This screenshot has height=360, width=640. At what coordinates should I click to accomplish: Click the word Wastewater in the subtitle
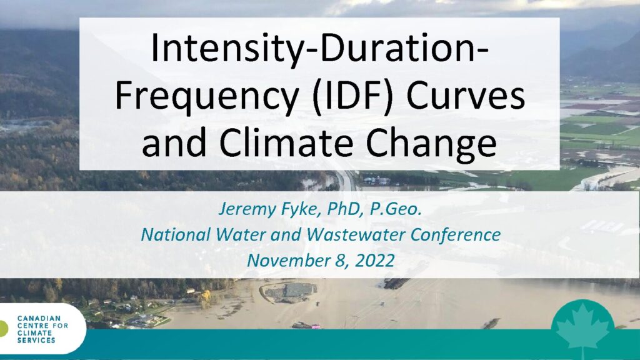356,235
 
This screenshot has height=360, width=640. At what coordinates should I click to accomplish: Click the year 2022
375,261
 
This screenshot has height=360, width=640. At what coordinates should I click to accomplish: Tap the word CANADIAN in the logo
39,318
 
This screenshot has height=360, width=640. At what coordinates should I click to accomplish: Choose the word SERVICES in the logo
36,341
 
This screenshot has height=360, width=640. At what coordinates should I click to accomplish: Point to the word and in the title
174,143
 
